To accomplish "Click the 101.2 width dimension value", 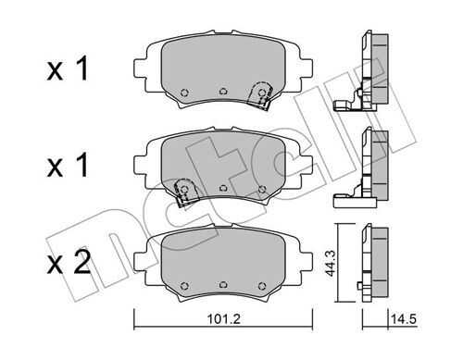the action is (x=224, y=319).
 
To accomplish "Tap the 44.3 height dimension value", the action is (x=332, y=263).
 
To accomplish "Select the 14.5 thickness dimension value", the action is (x=404, y=319).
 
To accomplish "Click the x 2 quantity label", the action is (x=69, y=262).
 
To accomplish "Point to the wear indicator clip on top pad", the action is (x=261, y=94).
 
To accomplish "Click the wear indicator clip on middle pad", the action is (x=184, y=192).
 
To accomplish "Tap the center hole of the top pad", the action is (x=223, y=92).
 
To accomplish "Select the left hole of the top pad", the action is (x=184, y=92).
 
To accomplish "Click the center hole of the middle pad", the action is (x=223, y=188).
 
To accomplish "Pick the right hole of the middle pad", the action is (x=262, y=189).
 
